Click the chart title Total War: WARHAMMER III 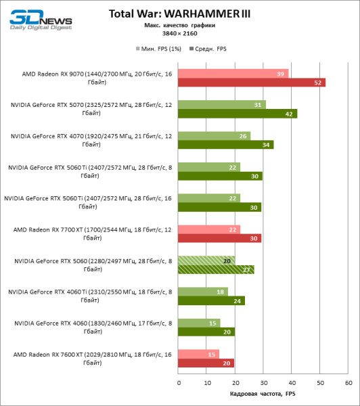point(179,14)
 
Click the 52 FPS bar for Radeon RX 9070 point(252,83)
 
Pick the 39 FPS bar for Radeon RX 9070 point(233,73)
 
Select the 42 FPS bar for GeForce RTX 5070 point(238,114)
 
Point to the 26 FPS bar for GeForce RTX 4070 point(215,135)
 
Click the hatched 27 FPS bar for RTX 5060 point(217,269)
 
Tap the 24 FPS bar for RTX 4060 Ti point(212,300)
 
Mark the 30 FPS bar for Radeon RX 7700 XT point(221,238)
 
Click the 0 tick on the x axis point(179,382)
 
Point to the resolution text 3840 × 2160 point(179,33)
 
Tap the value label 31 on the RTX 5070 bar point(258,104)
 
